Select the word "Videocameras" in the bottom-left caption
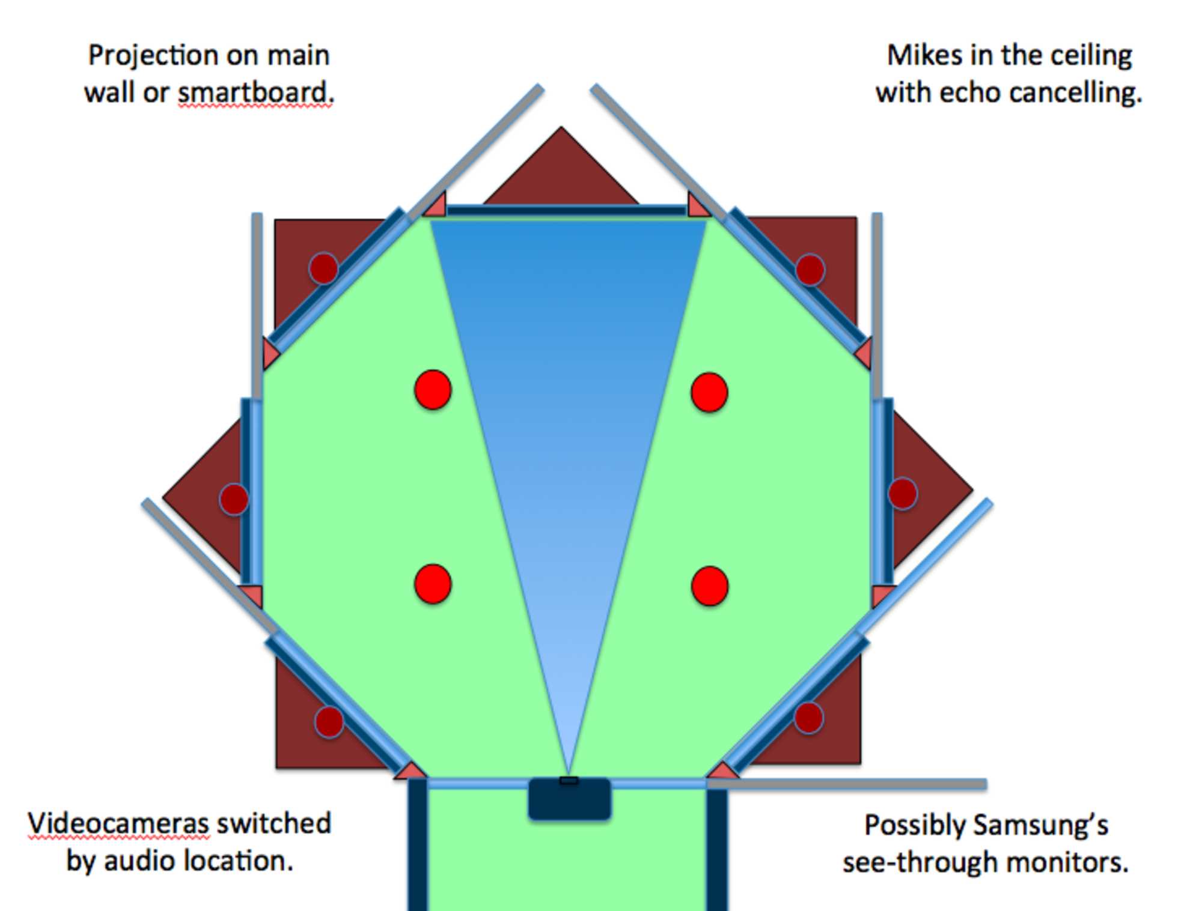coord(118,823)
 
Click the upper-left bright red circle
coord(433,390)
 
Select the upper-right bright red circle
coord(710,392)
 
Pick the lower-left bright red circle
coord(433,583)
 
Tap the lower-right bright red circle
coord(710,586)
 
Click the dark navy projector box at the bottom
coord(570,799)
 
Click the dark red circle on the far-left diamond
coord(234,498)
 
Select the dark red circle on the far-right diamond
coord(903,494)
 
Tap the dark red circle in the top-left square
coord(323,268)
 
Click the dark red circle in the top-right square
coord(810,269)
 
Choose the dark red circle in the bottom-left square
coord(329,722)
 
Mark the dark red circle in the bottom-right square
coord(808,718)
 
